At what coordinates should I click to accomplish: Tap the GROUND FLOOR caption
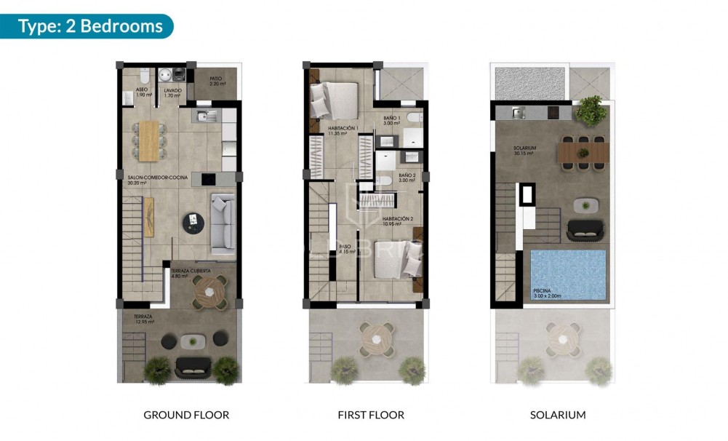click(x=186, y=415)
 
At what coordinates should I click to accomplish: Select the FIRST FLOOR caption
click(x=371, y=415)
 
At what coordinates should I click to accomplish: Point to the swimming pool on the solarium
click(x=568, y=274)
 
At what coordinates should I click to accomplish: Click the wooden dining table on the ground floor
click(x=148, y=140)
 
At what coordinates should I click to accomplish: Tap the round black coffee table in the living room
click(x=194, y=221)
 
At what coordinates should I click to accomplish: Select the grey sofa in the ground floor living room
click(x=222, y=220)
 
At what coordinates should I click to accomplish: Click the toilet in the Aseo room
click(x=145, y=75)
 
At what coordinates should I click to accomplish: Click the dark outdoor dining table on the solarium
click(x=583, y=152)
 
